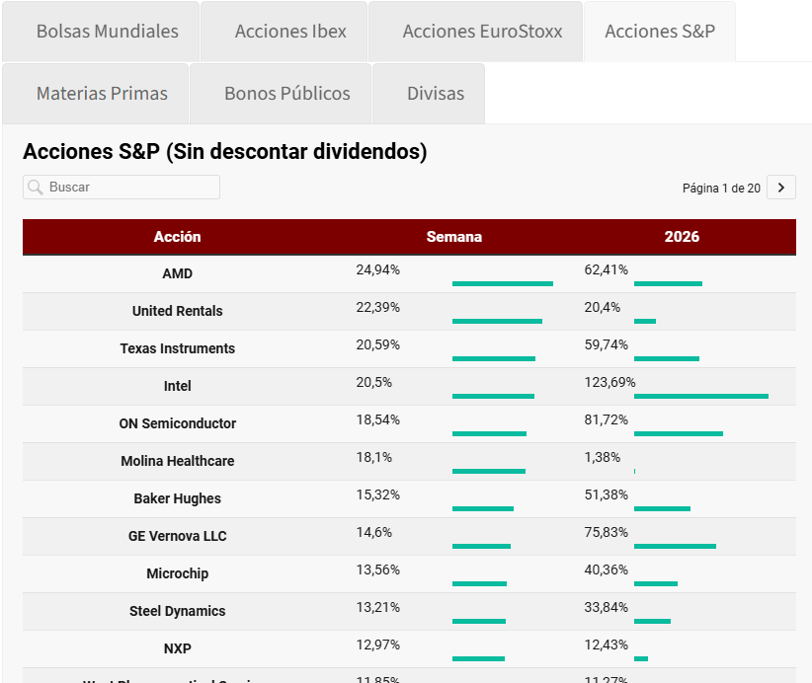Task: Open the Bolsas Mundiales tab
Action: coord(107,32)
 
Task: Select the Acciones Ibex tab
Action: coord(290,32)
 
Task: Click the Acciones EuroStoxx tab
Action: coord(482,32)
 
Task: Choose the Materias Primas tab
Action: coord(102,94)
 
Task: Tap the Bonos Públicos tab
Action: coord(286,94)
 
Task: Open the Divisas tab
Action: coord(435,94)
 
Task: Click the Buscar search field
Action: coord(128,188)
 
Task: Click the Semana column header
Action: coord(454,237)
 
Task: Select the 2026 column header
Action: coord(682,237)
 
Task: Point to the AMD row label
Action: coord(178,273)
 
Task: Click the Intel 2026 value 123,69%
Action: coord(609,382)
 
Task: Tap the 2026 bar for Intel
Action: coord(700,396)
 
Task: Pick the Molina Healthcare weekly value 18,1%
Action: coord(374,457)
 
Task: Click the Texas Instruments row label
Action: coord(178,348)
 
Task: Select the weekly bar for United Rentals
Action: coord(497,321)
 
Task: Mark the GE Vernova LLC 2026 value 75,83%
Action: coord(606,532)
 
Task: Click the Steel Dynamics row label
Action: coord(178,611)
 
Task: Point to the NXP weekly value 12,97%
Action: coord(378,645)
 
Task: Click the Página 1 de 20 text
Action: coord(721,188)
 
